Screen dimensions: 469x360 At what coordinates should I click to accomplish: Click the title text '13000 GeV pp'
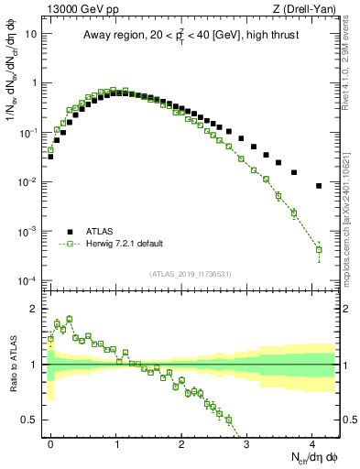[76, 9]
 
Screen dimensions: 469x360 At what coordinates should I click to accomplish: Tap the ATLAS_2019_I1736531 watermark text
[191, 274]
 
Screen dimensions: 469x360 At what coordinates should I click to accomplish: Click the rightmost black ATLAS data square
[319, 186]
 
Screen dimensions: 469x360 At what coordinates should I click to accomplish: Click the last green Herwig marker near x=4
[319, 249]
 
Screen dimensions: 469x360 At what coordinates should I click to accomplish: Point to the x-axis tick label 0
[51, 442]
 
